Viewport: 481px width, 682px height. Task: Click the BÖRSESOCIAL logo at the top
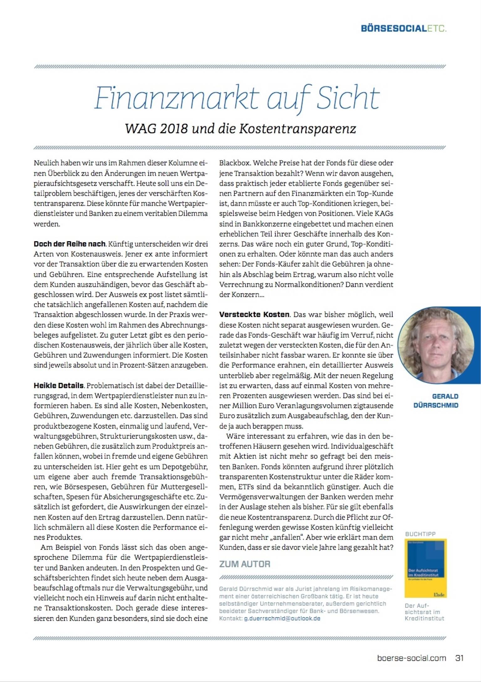[x=404, y=29]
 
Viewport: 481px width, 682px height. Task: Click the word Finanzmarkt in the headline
[x=177, y=98]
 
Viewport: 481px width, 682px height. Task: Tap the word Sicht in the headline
[x=348, y=98]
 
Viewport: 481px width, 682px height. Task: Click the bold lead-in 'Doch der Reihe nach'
[x=70, y=244]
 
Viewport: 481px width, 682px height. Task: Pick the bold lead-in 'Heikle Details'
[x=59, y=386]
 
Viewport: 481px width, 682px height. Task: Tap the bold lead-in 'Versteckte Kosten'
[x=254, y=315]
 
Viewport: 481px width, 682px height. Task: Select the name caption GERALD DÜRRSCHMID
[x=436, y=401]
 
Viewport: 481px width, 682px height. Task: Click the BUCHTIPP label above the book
[x=420, y=534]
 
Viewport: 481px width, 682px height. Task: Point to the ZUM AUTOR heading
[x=245, y=564]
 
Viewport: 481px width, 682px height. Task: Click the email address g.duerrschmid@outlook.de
[x=282, y=618]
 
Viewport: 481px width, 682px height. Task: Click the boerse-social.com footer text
[x=411, y=658]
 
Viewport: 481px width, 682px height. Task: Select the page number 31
[x=459, y=658]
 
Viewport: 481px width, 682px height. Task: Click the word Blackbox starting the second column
[x=235, y=163]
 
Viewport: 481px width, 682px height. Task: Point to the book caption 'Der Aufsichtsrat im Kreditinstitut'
[x=424, y=612]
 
